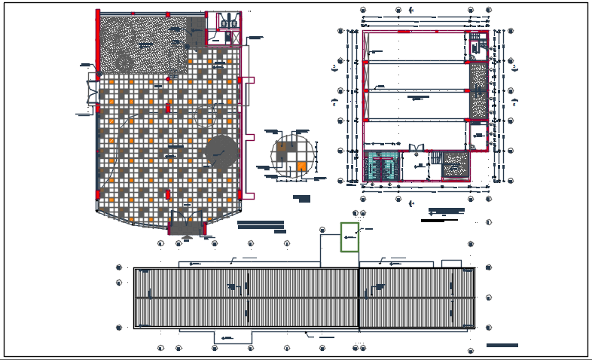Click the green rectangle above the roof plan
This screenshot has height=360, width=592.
point(349,237)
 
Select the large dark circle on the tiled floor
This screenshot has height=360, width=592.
point(220,151)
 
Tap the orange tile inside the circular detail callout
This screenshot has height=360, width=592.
point(301,166)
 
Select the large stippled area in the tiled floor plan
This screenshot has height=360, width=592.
point(143,44)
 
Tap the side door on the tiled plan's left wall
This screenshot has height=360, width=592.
point(94,88)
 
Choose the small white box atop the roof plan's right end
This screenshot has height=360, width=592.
point(451,264)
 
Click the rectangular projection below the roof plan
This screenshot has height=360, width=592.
point(233,336)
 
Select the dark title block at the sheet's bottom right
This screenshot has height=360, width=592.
point(502,345)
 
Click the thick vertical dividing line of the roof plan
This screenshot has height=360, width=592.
point(359,297)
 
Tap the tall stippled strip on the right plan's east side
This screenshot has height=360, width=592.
point(478,90)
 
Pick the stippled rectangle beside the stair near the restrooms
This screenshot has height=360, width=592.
point(455,165)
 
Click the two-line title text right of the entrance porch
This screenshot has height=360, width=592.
point(261,224)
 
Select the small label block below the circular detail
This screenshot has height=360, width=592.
point(302,199)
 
